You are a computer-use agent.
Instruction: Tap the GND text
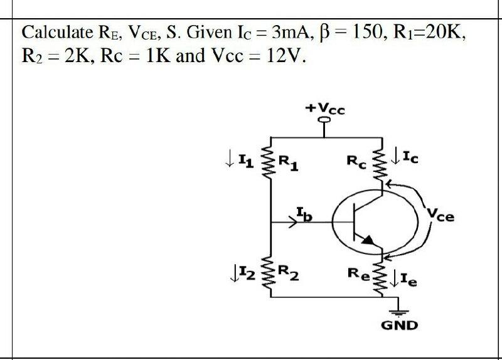click(399, 326)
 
